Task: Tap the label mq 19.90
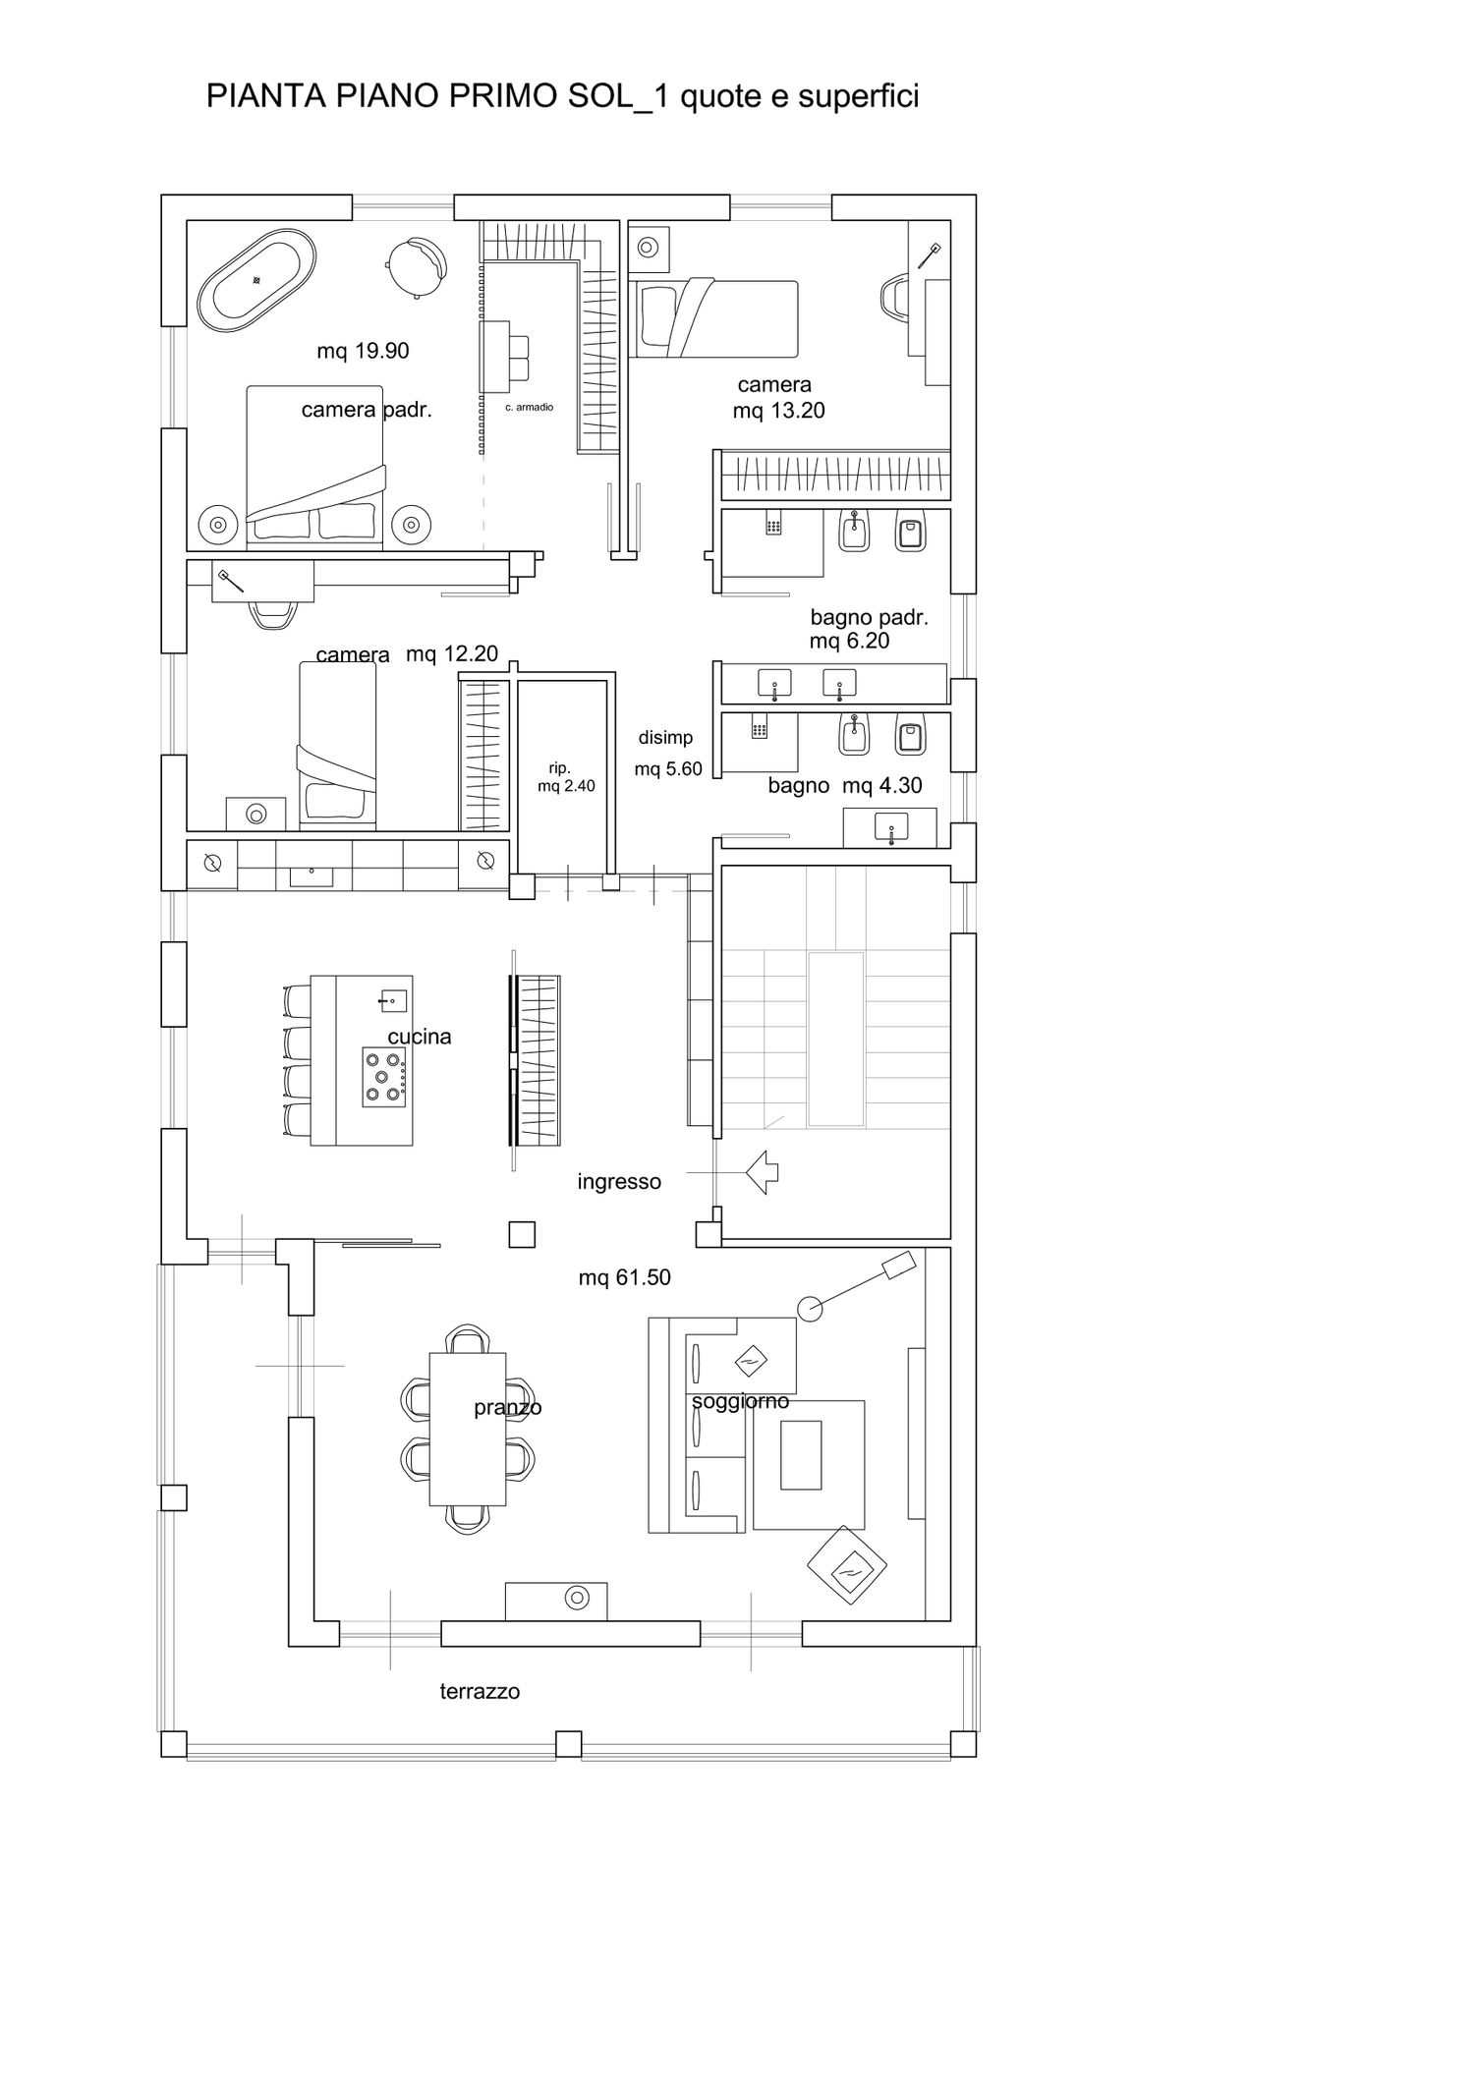pyautogui.click(x=363, y=351)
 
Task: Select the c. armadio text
pyautogui.click(x=530, y=407)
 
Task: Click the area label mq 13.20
pyautogui.click(x=778, y=411)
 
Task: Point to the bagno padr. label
pyautogui.click(x=869, y=618)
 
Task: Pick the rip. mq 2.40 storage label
pyautogui.click(x=566, y=777)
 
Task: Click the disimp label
pyautogui.click(x=665, y=738)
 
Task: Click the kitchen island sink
pyautogui.click(x=392, y=1001)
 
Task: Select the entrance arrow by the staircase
pyautogui.click(x=763, y=1171)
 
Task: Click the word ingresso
pyautogui.click(x=619, y=1182)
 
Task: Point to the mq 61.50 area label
pyautogui.click(x=624, y=1277)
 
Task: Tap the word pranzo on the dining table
pyautogui.click(x=508, y=1408)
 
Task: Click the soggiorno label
pyautogui.click(x=740, y=1401)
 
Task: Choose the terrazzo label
pyautogui.click(x=480, y=1691)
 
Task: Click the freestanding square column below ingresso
pyautogui.click(x=522, y=1233)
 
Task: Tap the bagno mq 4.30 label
pyautogui.click(x=845, y=786)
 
